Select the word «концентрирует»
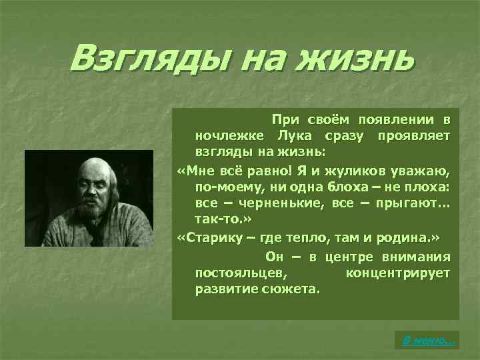398,273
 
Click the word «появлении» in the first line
396,120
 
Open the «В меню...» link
429,341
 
